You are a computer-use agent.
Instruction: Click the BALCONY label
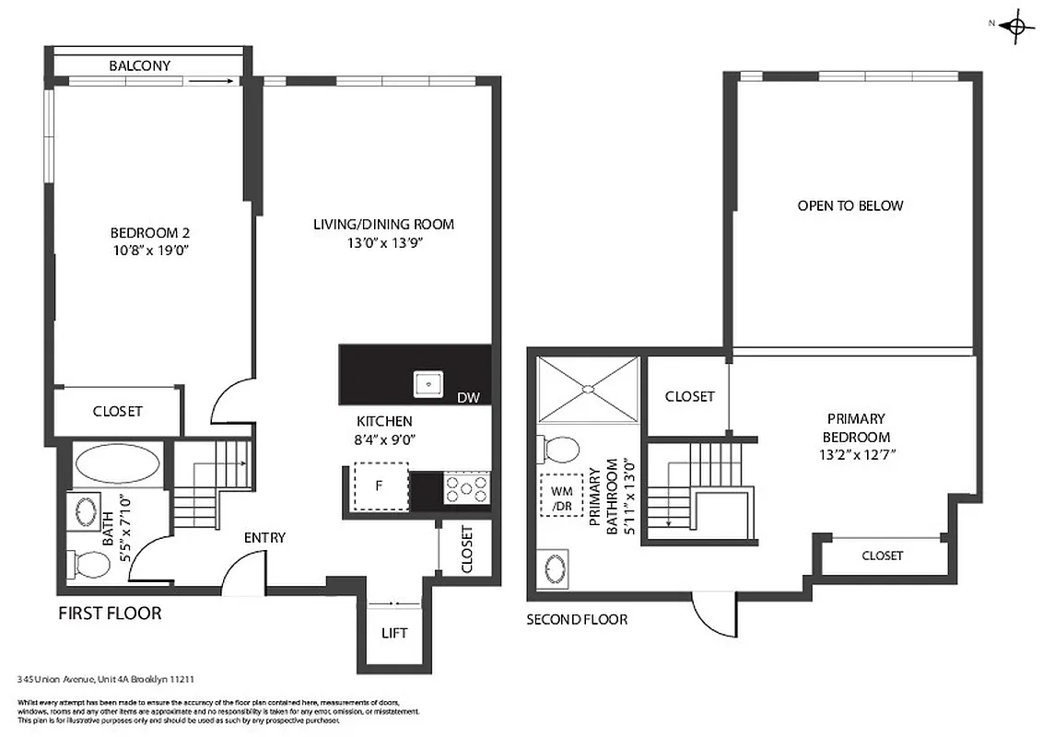139,65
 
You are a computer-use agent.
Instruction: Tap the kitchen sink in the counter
428,381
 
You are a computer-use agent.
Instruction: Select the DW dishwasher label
468,397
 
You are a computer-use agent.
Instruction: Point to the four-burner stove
466,487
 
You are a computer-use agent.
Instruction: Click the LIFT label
393,633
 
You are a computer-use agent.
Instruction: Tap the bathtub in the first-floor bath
110,464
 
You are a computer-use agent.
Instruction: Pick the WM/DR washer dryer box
560,495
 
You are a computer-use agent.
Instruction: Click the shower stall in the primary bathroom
588,390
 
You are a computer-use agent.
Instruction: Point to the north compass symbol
1015,27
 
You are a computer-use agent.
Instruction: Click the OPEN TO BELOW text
850,205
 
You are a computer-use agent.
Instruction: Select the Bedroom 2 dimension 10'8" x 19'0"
150,250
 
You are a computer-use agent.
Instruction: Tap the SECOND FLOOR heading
576,619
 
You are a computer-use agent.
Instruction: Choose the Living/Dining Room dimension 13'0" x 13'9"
383,243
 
